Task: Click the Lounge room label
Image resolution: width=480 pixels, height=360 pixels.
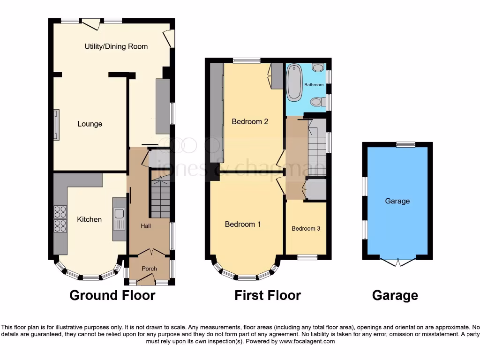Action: pyautogui.click(x=90, y=124)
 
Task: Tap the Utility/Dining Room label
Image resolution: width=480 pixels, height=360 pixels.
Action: pyautogui.click(x=116, y=46)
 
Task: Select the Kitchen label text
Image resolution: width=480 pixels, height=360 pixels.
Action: pyautogui.click(x=89, y=219)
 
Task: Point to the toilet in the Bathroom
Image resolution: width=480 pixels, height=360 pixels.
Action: pyautogui.click(x=317, y=101)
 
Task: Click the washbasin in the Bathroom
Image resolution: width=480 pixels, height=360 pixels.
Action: pyautogui.click(x=318, y=68)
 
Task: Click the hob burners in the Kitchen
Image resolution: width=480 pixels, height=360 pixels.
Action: pyautogui.click(x=60, y=219)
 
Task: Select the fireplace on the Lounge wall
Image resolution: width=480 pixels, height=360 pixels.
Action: pyautogui.click(x=56, y=125)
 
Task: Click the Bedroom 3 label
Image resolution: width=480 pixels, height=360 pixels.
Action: pyautogui.click(x=306, y=229)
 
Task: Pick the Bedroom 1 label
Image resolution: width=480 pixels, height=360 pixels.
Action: pyautogui.click(x=243, y=225)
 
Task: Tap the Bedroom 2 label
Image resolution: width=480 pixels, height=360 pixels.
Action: pyautogui.click(x=250, y=122)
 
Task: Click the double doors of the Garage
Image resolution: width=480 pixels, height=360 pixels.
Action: pyautogui.click(x=397, y=262)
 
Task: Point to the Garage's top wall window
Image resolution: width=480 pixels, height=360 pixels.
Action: pyautogui.click(x=405, y=144)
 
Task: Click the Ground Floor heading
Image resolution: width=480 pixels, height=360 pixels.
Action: pyautogui.click(x=112, y=295)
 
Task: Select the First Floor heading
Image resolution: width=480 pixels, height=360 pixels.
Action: pyautogui.click(x=267, y=295)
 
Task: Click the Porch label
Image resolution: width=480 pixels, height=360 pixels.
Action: pyautogui.click(x=149, y=269)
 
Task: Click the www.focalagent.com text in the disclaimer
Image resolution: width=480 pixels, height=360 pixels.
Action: pyautogui.click(x=307, y=341)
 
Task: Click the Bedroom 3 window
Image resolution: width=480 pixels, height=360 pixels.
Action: pyautogui.click(x=307, y=257)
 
